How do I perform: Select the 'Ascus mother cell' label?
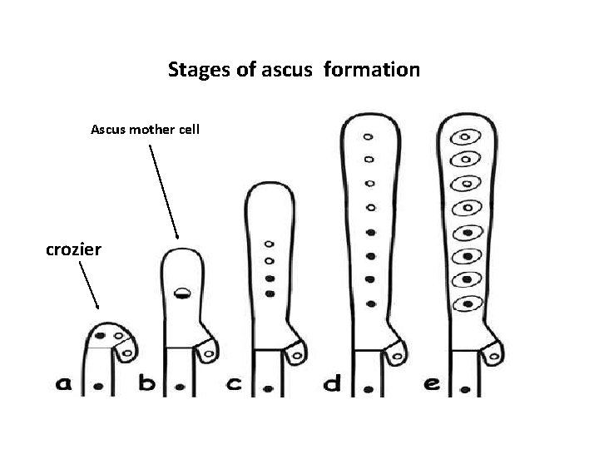(145, 130)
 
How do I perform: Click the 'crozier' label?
(73, 249)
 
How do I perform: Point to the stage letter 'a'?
(64, 384)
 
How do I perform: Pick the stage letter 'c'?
(235, 384)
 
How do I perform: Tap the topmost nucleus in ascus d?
(369, 137)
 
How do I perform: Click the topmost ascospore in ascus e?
(468, 137)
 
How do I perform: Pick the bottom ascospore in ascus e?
(468, 303)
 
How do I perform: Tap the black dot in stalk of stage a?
(99, 387)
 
